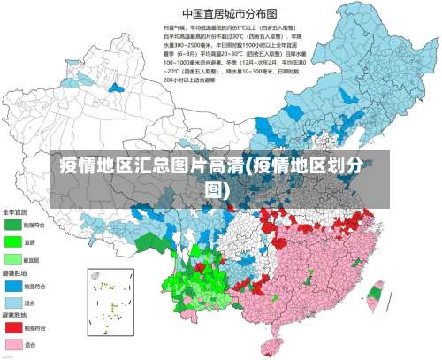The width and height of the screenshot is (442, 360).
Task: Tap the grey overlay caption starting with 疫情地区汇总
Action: pos(221,177)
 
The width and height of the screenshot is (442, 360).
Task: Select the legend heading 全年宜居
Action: pos(16,212)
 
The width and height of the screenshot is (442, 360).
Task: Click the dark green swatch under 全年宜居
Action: pos(11,226)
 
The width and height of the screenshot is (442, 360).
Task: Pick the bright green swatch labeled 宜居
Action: pos(11,241)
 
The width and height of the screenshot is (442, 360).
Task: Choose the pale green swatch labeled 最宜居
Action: pos(11,258)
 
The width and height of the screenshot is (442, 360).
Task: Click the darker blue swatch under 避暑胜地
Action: pos(11,286)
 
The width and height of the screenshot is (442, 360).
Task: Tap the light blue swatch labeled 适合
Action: pos(11,302)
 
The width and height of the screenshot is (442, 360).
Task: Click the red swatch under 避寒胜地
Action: pos(11,328)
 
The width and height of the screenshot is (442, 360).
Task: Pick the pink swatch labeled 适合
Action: pos(11,344)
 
